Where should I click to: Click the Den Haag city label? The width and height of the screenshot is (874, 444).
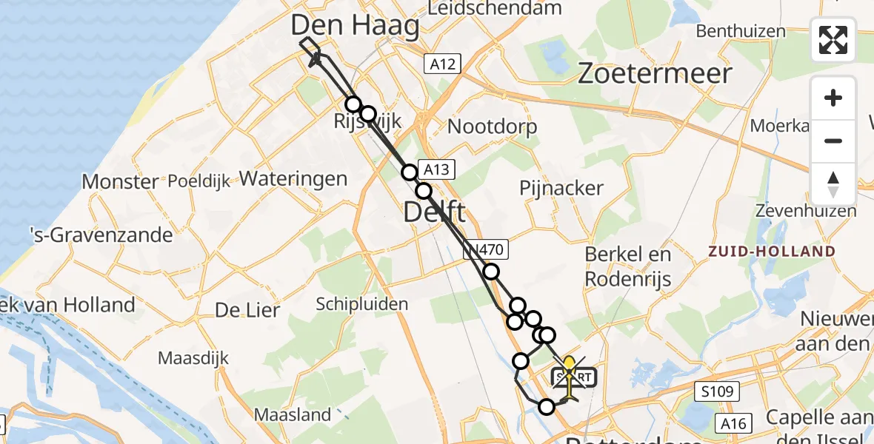(355, 26)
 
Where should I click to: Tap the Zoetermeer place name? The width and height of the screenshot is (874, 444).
(654, 73)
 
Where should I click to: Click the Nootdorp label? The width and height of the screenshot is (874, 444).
(493, 127)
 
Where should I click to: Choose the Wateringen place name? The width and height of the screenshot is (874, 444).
(293, 178)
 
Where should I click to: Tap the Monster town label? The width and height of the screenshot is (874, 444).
(120, 181)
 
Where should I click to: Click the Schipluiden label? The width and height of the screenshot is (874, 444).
(361, 303)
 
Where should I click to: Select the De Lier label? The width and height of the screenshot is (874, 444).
(247, 310)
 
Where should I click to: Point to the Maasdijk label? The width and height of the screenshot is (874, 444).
(191, 358)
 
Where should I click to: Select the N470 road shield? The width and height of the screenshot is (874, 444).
(486, 250)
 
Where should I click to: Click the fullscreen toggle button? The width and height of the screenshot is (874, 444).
(833, 40)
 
